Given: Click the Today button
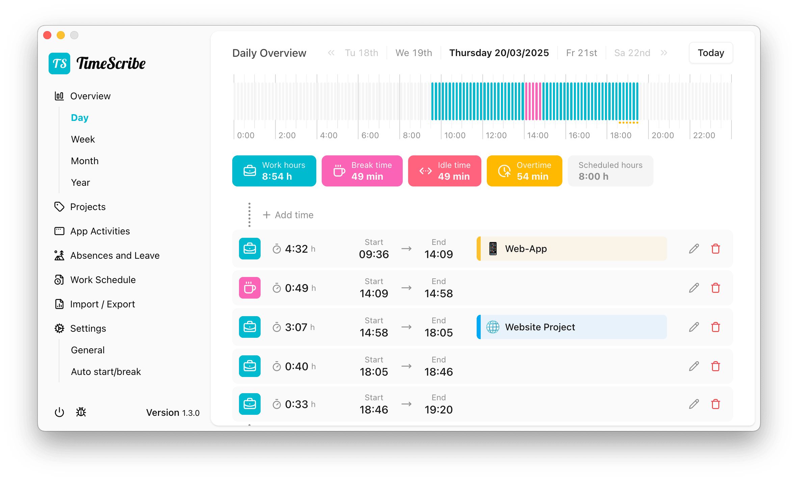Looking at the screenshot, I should [711, 53].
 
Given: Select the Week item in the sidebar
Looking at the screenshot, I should [83, 139].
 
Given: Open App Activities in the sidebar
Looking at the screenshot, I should [100, 231].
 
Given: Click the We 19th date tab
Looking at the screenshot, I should [414, 53].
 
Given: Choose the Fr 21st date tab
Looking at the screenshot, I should [581, 53].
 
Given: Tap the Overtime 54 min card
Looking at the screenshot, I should [524, 171].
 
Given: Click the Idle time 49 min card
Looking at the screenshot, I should [444, 171].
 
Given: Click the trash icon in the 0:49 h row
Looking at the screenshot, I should [715, 288].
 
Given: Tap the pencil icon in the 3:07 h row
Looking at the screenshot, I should [694, 327].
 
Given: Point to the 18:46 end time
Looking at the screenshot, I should [438, 372].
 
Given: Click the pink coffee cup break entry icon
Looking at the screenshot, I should [249, 288].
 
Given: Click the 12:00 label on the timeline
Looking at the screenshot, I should [496, 135].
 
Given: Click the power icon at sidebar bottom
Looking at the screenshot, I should [59, 412].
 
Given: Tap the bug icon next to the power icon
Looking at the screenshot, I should [81, 412].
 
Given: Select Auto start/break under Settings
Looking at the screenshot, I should [106, 372].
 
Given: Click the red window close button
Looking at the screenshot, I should [48, 35].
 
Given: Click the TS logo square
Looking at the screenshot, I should [59, 64].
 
